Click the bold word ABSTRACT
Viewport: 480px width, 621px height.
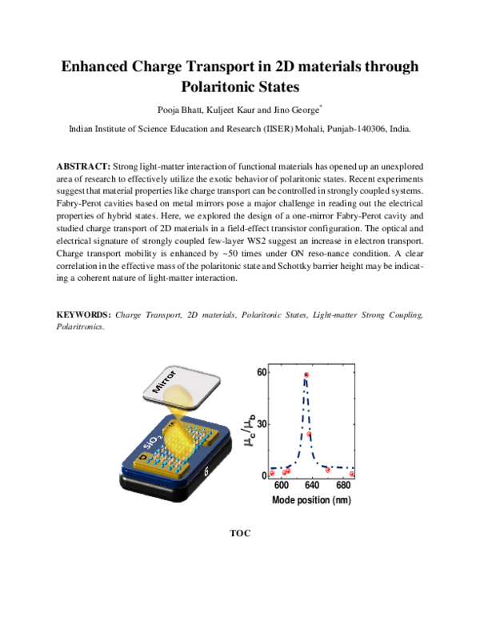(x=83, y=165)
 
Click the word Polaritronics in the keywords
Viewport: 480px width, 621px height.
(x=79, y=327)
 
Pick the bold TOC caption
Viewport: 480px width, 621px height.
(x=240, y=531)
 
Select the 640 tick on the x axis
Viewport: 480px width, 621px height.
(x=314, y=486)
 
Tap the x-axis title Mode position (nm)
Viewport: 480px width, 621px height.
(x=311, y=500)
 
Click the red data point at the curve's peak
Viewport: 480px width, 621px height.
(x=306, y=375)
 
